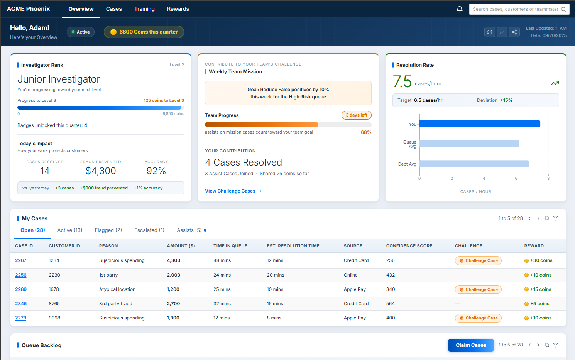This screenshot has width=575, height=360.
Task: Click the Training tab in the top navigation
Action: (x=144, y=9)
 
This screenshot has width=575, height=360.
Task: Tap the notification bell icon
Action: (x=460, y=9)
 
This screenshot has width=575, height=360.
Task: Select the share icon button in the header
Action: (x=514, y=32)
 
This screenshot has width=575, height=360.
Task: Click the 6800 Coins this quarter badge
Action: (x=144, y=32)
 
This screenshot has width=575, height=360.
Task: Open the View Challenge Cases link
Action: (x=233, y=191)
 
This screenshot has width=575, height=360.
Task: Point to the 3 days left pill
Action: (x=356, y=115)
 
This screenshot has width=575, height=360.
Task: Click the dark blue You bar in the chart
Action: (x=480, y=124)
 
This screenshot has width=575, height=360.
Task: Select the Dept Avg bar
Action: (x=474, y=164)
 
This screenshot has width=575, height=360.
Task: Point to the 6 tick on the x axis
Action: (x=516, y=178)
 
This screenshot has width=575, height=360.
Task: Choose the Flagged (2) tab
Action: (x=108, y=230)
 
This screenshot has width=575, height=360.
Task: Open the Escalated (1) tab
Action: (x=149, y=230)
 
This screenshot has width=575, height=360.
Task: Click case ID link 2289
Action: (x=21, y=289)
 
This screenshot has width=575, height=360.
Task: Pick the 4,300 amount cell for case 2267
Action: (x=174, y=260)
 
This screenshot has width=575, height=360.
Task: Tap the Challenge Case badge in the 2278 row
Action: (x=478, y=318)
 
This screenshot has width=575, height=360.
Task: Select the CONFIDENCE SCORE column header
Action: (x=409, y=246)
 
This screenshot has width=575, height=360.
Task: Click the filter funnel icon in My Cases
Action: (x=555, y=218)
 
